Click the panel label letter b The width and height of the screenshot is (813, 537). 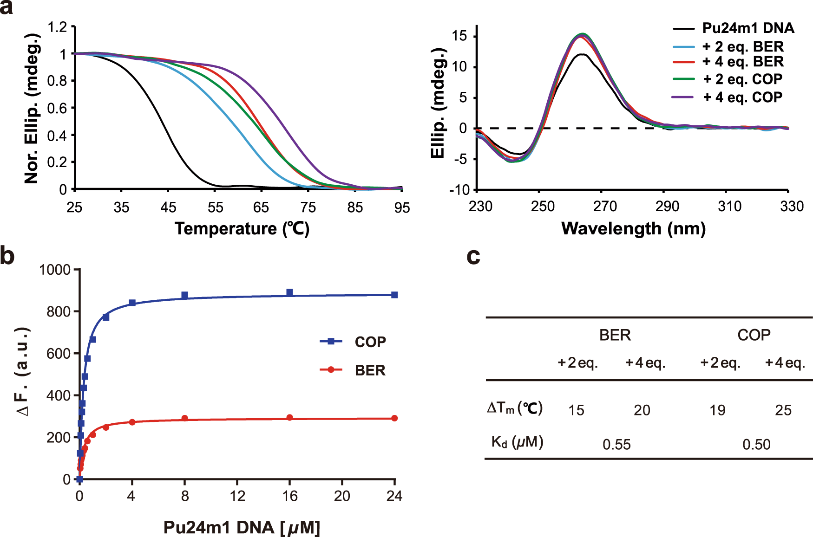8,256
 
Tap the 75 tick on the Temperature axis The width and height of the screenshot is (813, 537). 308,207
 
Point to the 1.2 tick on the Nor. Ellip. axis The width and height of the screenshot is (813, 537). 58,27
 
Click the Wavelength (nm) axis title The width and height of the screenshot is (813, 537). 633,229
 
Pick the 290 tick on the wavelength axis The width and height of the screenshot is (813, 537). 667,207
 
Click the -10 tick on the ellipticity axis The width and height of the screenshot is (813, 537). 459,190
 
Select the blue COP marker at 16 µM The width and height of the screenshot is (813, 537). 290,292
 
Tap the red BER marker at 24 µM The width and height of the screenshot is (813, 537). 394,418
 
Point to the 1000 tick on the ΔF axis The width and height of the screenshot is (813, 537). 55,270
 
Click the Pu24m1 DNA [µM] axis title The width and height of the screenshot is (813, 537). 242,528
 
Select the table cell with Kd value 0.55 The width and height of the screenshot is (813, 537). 616,445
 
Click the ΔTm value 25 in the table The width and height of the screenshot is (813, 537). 783,410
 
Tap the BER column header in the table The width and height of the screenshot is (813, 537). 615,335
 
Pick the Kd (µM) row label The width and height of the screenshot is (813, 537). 517,442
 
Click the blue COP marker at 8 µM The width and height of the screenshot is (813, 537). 184,296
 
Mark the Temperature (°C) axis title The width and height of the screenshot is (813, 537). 242,229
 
